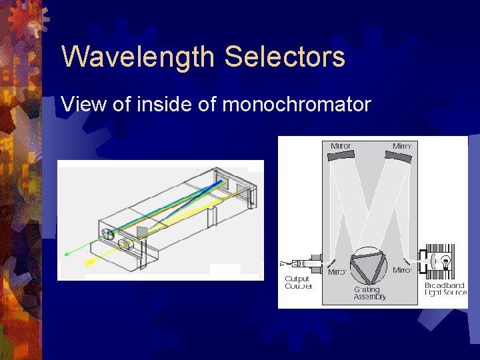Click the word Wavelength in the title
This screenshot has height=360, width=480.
click(139, 57)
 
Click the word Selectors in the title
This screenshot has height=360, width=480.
click(285, 57)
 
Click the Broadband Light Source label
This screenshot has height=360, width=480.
click(446, 289)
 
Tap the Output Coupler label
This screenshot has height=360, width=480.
click(297, 283)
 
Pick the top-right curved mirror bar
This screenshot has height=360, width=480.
click(399, 156)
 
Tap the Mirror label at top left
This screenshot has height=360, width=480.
click(341, 145)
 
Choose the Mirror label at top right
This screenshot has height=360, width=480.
click(402, 145)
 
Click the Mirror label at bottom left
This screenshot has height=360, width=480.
click(337, 272)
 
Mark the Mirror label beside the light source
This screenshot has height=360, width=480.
click(401, 270)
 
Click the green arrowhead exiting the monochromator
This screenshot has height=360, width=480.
click(67, 253)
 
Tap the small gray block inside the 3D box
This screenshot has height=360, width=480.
click(142, 233)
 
